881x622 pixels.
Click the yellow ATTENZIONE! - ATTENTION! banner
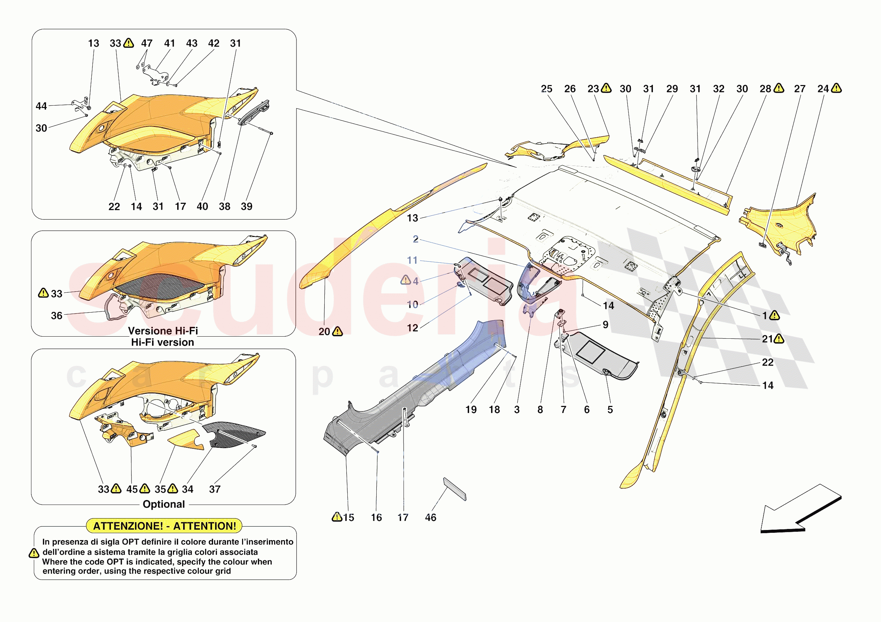click(x=164, y=526)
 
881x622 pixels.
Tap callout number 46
click(x=430, y=518)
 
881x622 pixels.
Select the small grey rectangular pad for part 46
click(x=455, y=489)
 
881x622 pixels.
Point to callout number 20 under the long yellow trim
click(x=324, y=332)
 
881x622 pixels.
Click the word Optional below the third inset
click(x=164, y=504)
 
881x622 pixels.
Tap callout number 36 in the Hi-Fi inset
click(x=57, y=316)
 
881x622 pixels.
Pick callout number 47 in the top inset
click(x=146, y=43)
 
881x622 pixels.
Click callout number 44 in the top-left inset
click(x=41, y=106)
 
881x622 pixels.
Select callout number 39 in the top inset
click(x=246, y=206)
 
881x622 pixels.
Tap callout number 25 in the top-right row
click(x=547, y=89)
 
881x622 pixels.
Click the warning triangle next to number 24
click(x=836, y=89)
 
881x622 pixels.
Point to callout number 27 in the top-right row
click(x=800, y=89)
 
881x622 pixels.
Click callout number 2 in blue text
click(x=415, y=239)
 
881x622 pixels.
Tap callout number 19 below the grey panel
click(x=471, y=409)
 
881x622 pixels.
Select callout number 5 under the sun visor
click(x=610, y=409)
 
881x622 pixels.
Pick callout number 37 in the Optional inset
click(x=214, y=489)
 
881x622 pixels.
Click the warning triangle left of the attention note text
click(x=34, y=553)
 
